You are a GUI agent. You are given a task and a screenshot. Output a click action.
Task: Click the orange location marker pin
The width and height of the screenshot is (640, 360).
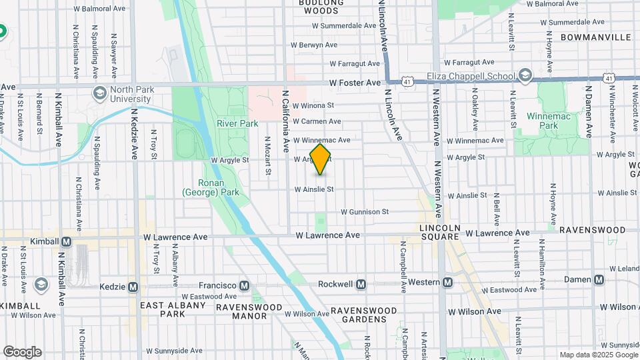[320, 159]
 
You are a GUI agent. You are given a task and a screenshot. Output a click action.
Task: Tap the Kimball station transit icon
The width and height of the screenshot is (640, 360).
[66, 241]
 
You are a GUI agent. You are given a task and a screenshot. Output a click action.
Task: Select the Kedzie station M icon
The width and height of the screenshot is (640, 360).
[133, 287]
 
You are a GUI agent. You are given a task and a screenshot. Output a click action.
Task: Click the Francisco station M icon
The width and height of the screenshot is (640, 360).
[245, 286]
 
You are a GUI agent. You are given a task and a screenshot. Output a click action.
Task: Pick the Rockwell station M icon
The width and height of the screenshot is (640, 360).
[361, 284]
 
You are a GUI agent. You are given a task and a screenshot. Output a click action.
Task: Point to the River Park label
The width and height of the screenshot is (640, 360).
[237, 123]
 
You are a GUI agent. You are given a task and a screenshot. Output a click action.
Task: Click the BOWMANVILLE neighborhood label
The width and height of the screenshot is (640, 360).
[595, 37]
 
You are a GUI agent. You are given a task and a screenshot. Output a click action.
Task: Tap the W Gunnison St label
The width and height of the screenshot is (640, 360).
[365, 212]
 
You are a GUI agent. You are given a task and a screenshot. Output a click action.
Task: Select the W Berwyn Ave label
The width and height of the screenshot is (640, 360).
[315, 45]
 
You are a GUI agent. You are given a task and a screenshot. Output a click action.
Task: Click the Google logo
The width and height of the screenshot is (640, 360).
[22, 352]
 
